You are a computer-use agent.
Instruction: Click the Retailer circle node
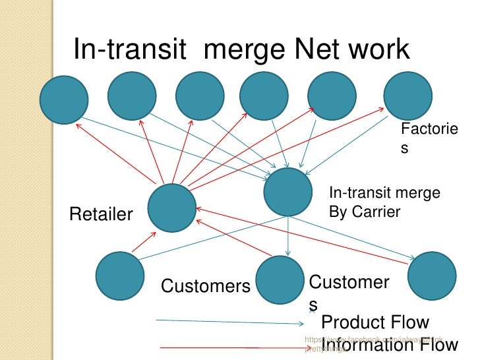tap(171, 207)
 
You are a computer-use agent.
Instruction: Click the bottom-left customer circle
tap(120, 277)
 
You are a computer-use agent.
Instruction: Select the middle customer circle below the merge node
tap(280, 280)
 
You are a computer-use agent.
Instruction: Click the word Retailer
tap(101, 214)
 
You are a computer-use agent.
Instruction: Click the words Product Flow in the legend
tap(375, 323)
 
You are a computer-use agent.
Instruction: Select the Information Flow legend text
tap(389, 345)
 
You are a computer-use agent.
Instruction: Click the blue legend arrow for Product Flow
tap(231, 322)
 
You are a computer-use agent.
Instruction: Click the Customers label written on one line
tap(206, 286)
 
